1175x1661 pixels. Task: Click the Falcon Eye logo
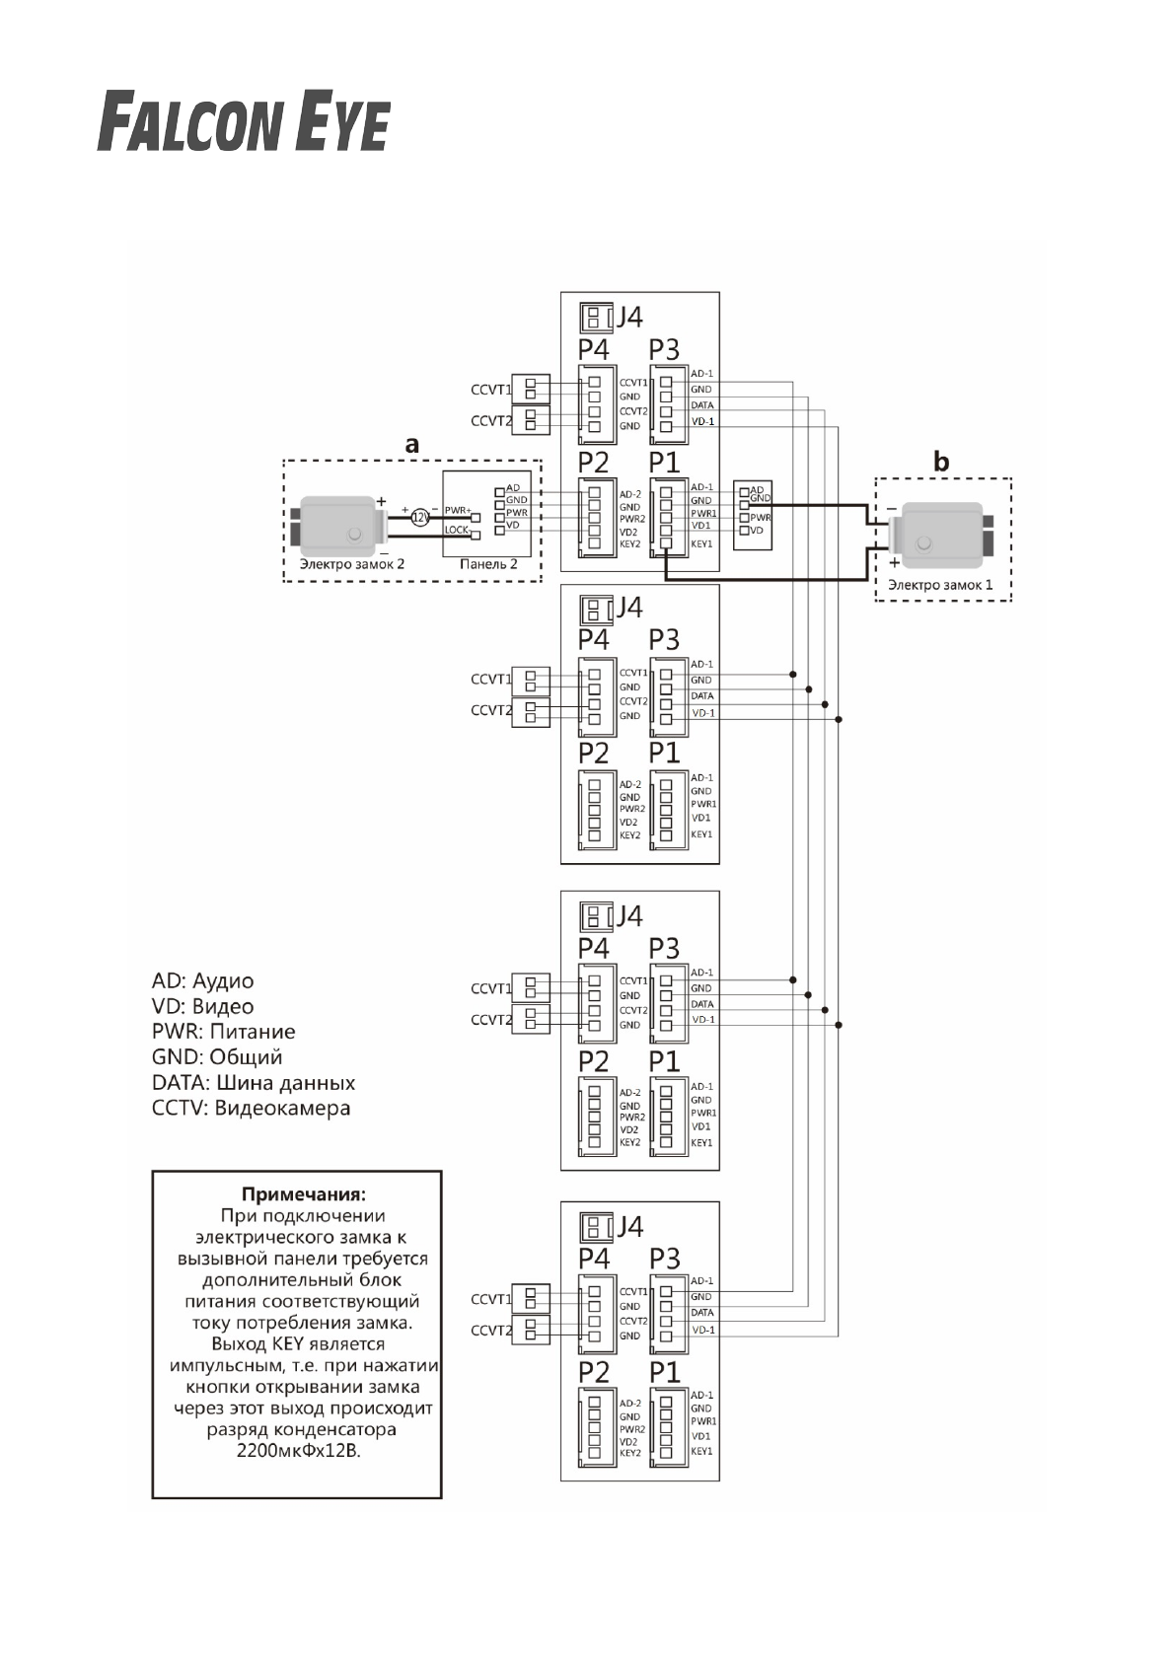(243, 122)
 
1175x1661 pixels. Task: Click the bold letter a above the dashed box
(412, 445)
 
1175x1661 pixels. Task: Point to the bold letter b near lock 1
(942, 461)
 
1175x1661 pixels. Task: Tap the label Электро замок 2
(352, 564)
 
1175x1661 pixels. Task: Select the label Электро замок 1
(940, 585)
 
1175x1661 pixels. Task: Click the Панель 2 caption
(488, 564)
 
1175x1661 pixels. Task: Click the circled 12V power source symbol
(419, 517)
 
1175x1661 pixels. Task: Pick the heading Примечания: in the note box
(296, 1194)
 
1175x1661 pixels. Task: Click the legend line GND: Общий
(217, 1057)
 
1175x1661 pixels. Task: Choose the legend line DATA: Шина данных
(254, 1083)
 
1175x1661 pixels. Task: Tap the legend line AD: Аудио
(202, 981)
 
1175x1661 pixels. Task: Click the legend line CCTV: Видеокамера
(251, 1109)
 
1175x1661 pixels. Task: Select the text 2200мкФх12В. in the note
(298, 1451)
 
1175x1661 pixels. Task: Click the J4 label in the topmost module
(629, 317)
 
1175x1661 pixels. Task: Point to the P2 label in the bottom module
(594, 1372)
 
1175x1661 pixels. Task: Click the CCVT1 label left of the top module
(490, 390)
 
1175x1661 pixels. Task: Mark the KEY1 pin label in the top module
(701, 543)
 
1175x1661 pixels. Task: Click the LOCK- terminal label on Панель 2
(456, 530)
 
